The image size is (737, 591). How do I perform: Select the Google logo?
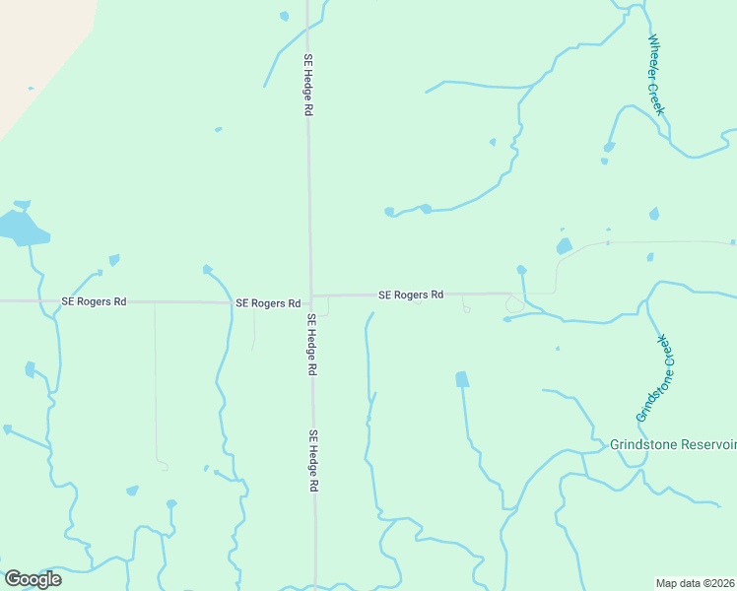pos(33,579)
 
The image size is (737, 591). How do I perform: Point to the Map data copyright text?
pos(696,583)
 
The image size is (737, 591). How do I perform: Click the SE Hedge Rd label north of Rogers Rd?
pos(308,86)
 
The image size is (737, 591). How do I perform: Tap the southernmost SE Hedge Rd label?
pos(314,461)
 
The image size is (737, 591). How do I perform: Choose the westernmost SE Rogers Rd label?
pos(94,301)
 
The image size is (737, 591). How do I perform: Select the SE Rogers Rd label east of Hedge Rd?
pos(411,295)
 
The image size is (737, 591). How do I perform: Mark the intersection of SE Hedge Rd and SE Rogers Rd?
pos(311,295)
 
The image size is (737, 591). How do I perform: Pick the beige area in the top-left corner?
pos(39,49)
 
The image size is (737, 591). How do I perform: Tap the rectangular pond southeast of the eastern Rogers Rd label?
pos(461,379)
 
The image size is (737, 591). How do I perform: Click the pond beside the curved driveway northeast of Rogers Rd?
pos(565,246)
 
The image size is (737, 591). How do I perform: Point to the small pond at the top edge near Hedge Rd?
pos(285,16)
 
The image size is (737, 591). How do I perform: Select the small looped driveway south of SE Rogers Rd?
pos(466,308)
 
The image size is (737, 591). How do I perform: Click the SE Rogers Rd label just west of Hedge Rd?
pos(268,303)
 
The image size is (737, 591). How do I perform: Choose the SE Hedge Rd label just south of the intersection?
pos(311,345)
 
